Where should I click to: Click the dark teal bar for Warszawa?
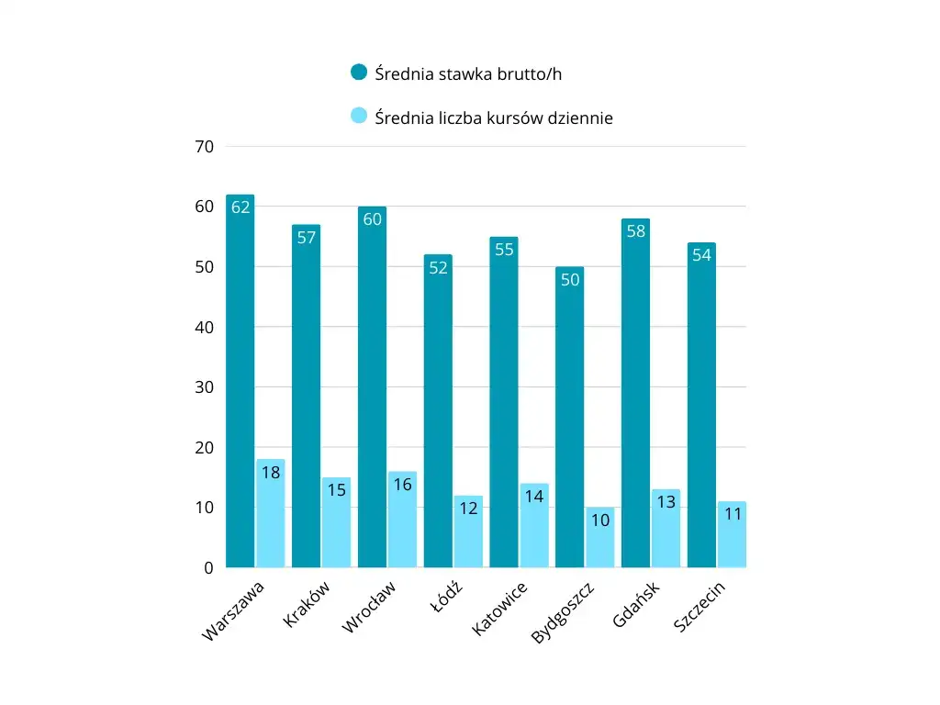point(241,386)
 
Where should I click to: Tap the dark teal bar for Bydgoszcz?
point(569,422)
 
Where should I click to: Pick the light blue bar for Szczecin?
point(732,537)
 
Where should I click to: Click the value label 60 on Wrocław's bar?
point(372,219)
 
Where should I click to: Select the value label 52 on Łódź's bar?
point(438,268)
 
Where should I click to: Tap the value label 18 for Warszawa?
point(271,473)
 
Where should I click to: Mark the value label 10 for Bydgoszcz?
point(599,520)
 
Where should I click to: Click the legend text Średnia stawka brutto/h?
point(468,73)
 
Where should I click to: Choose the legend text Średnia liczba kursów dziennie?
point(494,117)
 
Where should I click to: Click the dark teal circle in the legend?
point(359,73)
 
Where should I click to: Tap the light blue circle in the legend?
point(359,117)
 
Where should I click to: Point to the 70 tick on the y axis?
point(204,147)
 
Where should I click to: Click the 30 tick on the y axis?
point(204,387)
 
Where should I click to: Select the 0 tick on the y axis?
point(208,568)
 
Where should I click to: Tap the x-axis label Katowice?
point(499,609)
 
